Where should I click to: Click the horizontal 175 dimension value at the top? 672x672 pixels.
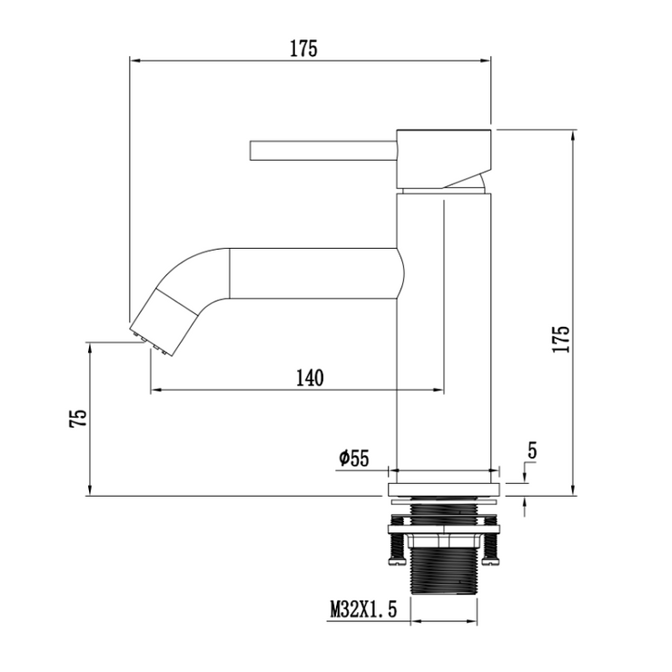(x=303, y=49)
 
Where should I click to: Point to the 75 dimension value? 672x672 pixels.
(x=79, y=419)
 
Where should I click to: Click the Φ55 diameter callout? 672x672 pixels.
(x=353, y=459)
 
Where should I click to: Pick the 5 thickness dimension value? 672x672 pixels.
(x=532, y=450)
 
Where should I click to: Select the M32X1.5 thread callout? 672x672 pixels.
(x=363, y=609)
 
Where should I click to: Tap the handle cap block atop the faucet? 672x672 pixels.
(x=442, y=158)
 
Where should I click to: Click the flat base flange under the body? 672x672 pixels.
(x=443, y=489)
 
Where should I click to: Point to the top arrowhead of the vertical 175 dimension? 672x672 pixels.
(x=573, y=135)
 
